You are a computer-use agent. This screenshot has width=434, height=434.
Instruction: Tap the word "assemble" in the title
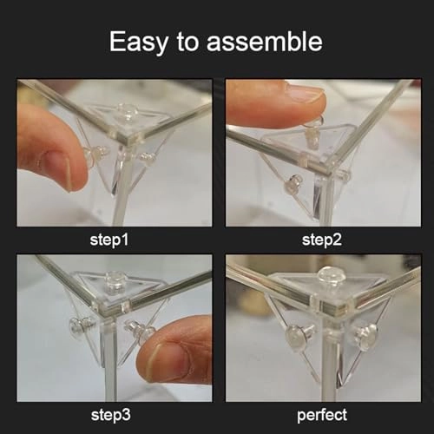[x=265, y=42]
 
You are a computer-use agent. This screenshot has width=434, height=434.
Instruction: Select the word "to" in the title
[x=187, y=43]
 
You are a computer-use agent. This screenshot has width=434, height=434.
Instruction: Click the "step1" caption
[x=109, y=240]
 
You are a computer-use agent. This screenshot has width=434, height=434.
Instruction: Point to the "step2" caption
[x=322, y=240]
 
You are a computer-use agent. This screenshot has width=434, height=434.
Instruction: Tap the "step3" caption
[x=110, y=415]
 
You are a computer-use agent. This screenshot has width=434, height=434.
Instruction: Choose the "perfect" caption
[x=322, y=415]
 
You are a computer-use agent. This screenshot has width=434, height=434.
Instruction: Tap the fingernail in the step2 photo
[x=304, y=93]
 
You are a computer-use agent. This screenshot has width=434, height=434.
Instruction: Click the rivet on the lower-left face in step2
[x=293, y=184]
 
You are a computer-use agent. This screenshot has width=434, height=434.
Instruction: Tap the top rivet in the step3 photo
[x=115, y=280]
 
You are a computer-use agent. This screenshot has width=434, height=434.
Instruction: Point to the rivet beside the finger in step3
[x=138, y=331]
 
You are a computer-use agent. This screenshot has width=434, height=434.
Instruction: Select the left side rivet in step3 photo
[x=82, y=325]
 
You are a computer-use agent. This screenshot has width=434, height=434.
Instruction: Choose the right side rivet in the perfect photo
[x=365, y=336]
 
